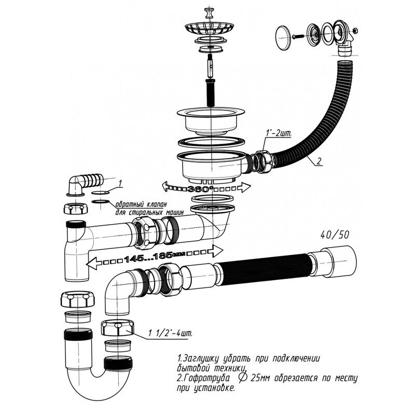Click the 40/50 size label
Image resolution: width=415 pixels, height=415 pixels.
tap(336, 234)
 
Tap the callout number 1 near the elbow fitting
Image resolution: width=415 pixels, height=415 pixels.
tap(120, 183)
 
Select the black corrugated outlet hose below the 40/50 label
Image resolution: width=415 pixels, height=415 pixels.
tap(270, 270)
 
